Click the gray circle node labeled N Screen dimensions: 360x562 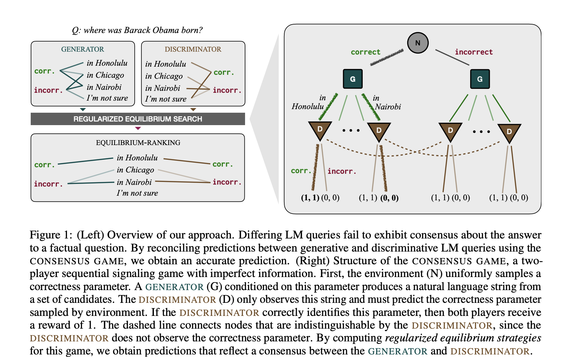(418, 43)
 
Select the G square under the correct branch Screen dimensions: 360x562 (353, 79)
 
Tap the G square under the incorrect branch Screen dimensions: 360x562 (480, 79)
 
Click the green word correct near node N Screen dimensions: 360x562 (365, 52)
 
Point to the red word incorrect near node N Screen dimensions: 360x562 (473, 52)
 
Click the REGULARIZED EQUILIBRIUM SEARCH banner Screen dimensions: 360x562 (138, 119)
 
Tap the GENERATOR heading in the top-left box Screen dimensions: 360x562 (82, 49)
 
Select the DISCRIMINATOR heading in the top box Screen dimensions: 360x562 (193, 49)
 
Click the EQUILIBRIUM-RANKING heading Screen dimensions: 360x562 (138, 143)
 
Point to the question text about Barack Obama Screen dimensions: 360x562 (137, 30)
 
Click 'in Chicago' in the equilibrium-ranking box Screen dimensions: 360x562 (135, 170)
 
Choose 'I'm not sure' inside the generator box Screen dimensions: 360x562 (107, 98)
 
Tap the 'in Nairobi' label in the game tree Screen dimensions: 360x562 (387, 103)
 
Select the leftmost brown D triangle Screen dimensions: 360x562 (320, 130)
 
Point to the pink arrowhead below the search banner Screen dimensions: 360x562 (138, 128)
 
